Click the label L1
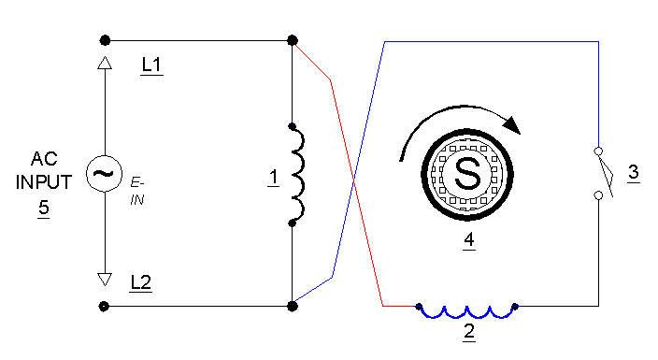(x=151, y=65)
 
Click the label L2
(x=142, y=281)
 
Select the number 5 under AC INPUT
(x=43, y=209)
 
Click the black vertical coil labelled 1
(x=297, y=174)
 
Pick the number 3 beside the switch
(x=633, y=173)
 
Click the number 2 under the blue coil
(x=468, y=331)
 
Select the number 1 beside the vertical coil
(x=272, y=178)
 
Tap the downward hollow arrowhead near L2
(x=106, y=280)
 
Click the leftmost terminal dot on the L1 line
(x=106, y=40)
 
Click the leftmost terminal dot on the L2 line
(x=105, y=306)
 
